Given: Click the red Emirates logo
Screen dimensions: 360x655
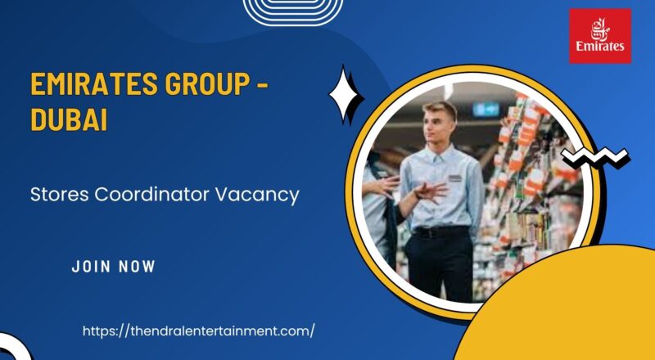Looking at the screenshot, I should click(600, 35).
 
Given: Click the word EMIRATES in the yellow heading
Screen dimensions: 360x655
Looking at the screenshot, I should click(89, 83).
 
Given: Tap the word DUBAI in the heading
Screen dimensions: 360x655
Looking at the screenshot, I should click(69, 120).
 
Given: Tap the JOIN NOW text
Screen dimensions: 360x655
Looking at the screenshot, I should click(113, 266).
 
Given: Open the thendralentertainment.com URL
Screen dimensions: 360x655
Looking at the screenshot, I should click(199, 331).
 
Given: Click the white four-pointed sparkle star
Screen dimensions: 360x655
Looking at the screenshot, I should click(346, 95).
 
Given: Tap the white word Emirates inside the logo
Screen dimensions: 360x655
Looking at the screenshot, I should click(600, 47).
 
